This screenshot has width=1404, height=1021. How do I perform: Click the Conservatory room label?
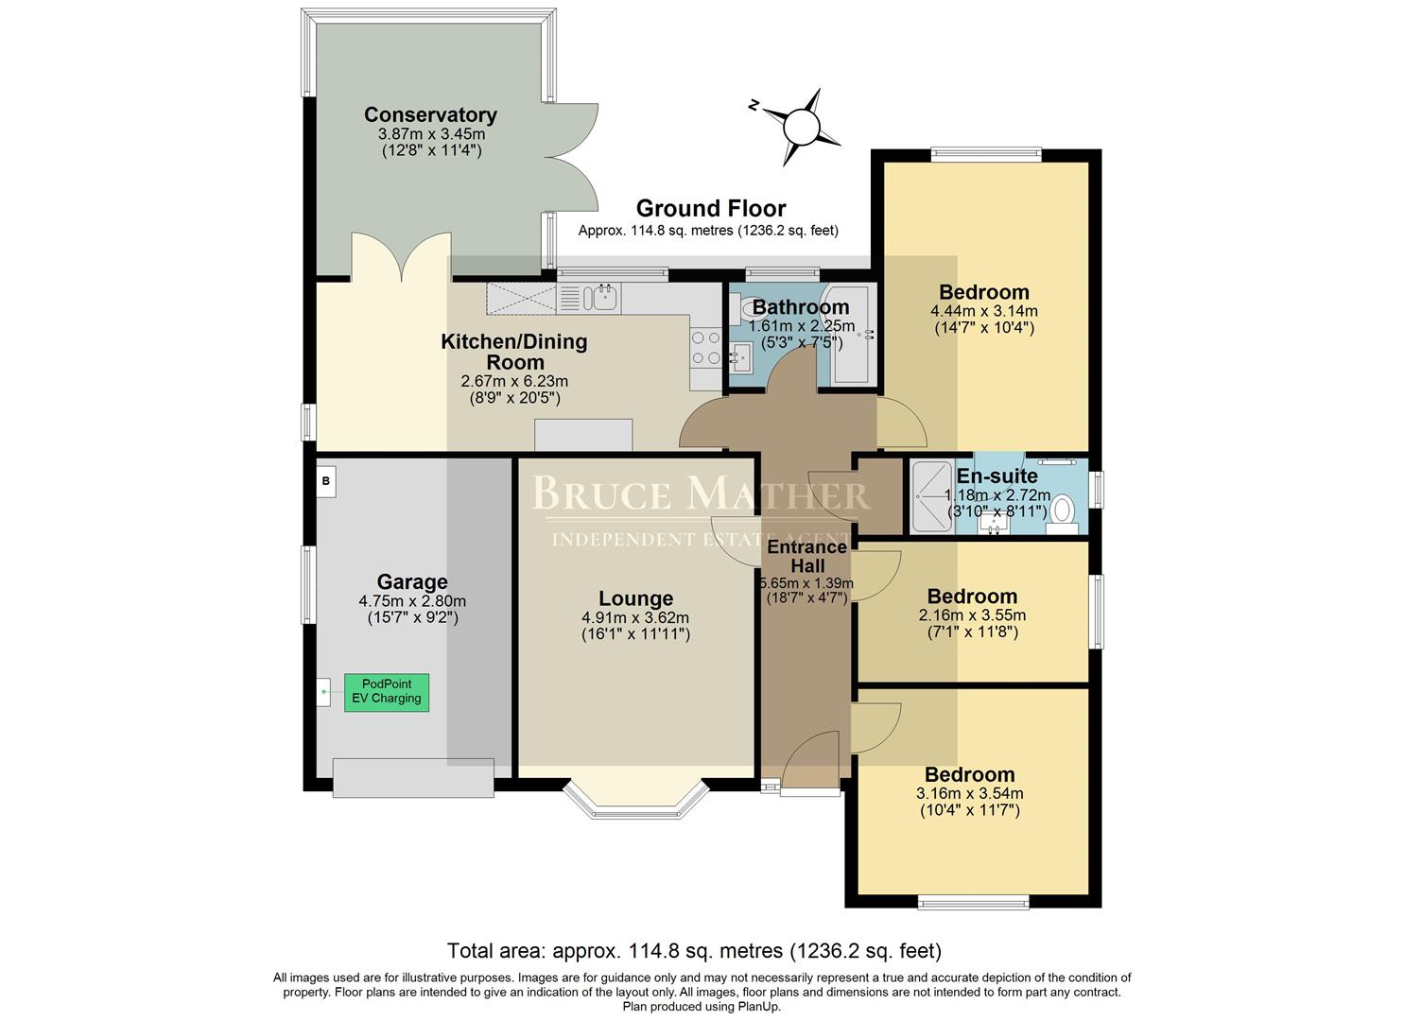point(430,114)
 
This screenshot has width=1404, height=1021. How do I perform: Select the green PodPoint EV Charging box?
point(386,692)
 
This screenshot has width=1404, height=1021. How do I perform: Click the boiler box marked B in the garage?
point(325,481)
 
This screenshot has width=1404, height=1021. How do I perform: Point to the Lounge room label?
point(635,598)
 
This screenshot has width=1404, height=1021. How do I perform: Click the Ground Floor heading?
point(710,208)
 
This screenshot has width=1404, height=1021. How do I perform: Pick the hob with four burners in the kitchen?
point(705,347)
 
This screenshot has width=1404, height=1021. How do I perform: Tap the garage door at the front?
point(413,777)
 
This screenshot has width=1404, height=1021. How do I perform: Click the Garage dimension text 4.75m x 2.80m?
point(411,601)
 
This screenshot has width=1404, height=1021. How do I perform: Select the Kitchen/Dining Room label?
point(514,352)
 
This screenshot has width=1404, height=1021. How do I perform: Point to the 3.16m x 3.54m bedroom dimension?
point(969,793)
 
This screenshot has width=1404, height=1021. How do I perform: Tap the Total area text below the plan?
point(693,950)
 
